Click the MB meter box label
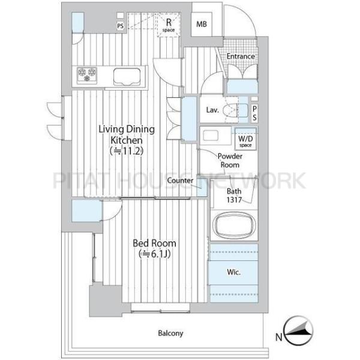202,24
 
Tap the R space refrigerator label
169,25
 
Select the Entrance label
241,56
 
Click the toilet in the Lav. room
231,110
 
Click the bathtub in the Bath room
234,225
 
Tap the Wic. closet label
234,272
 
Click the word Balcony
170,333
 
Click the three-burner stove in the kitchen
87,74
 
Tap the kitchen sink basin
127,77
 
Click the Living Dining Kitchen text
127,134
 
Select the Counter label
180,181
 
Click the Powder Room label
230,160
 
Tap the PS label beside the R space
121,26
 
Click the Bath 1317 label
234,196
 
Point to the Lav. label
212,110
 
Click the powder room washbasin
211,136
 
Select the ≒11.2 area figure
127,151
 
